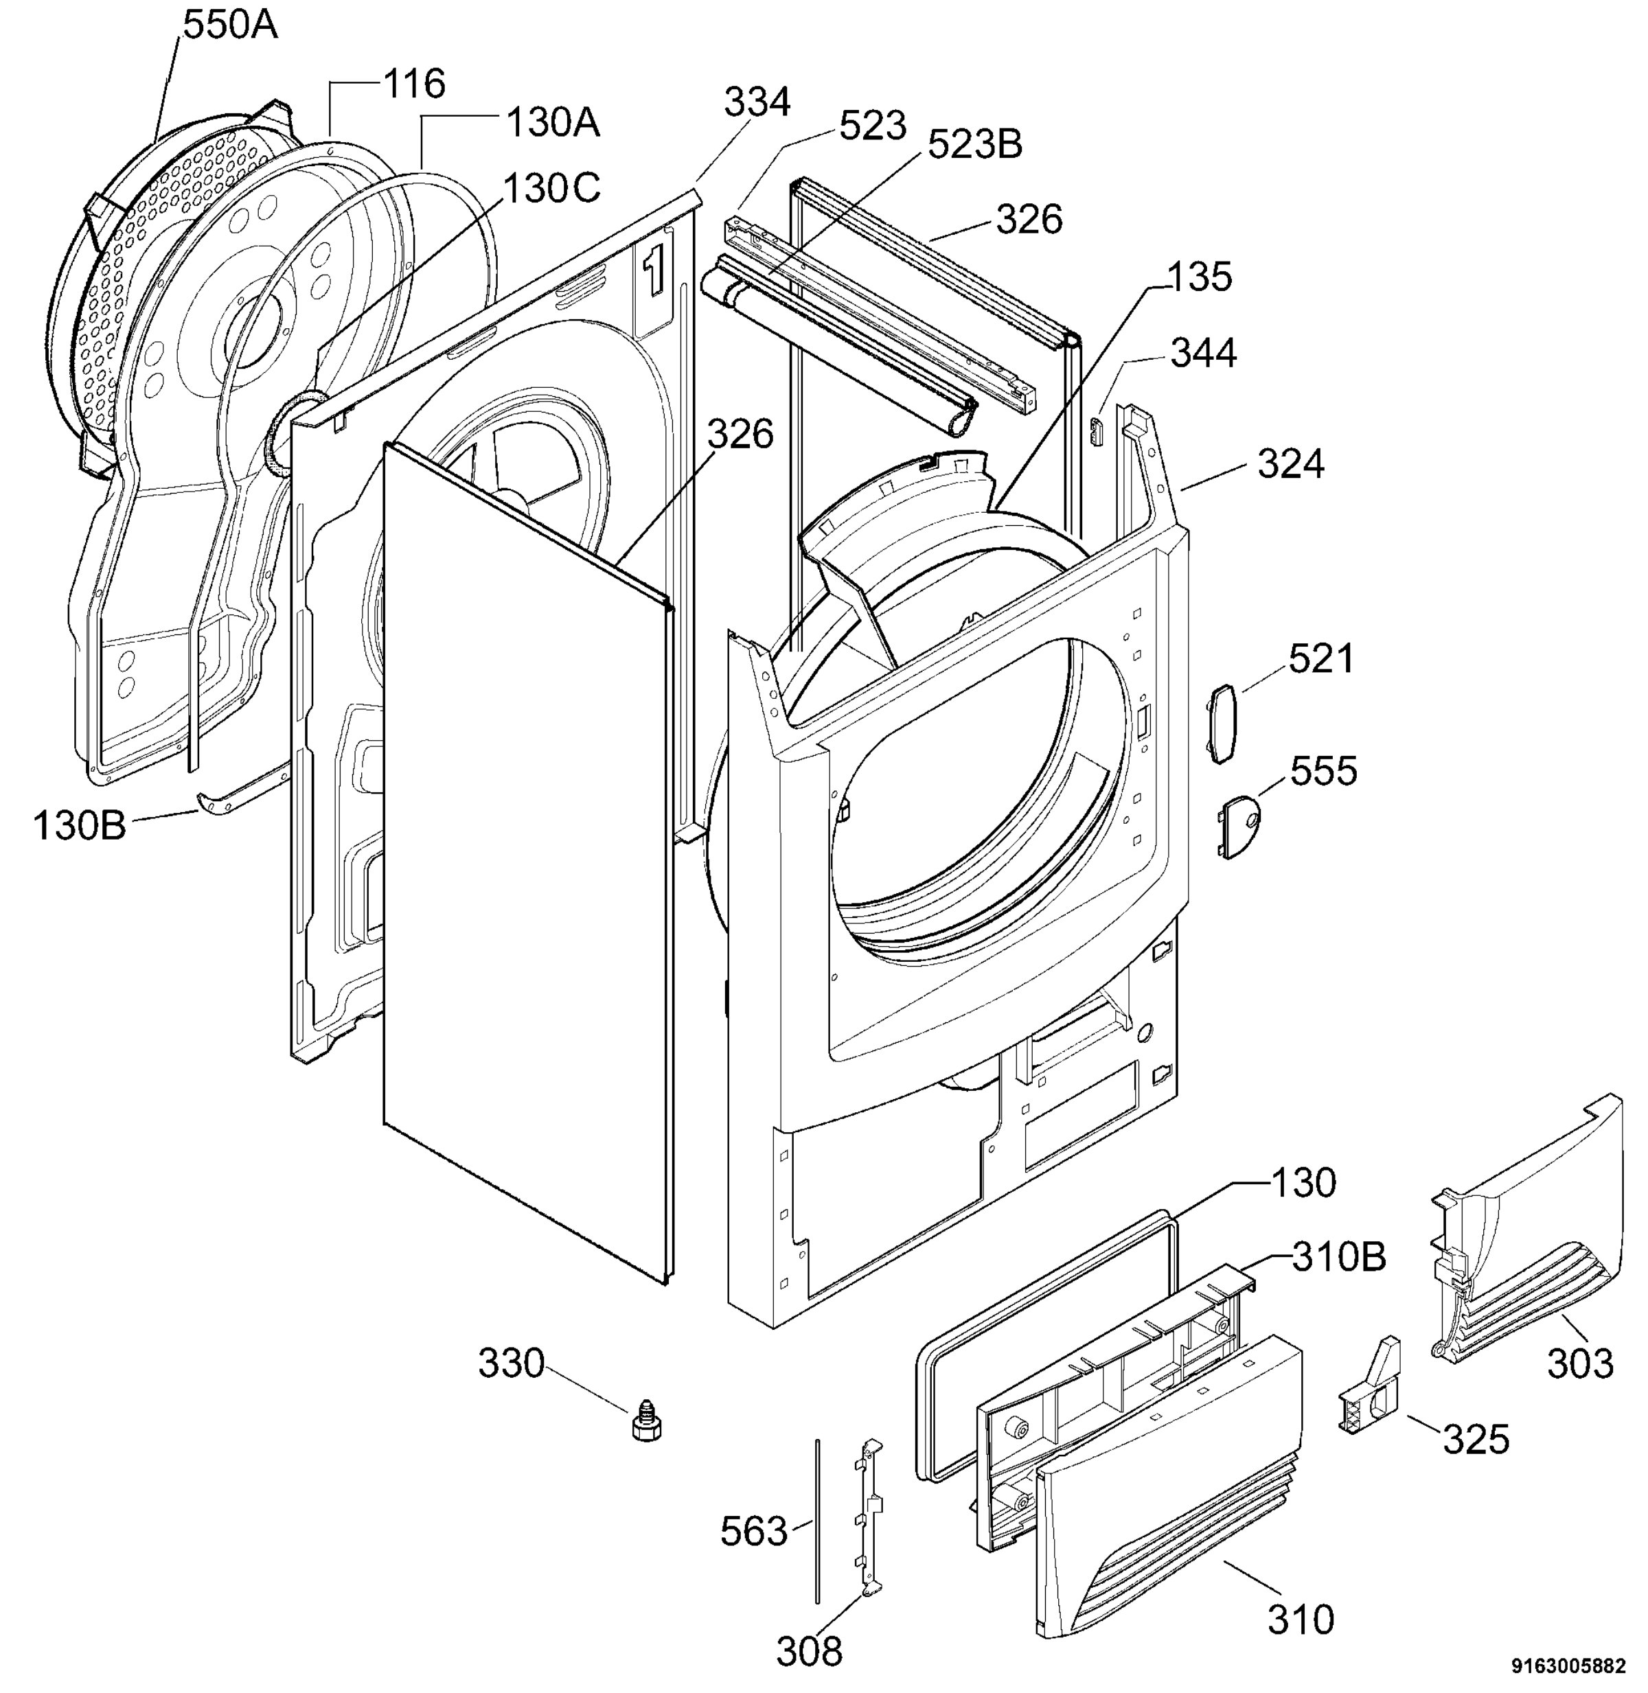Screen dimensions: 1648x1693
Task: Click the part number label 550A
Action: (230, 25)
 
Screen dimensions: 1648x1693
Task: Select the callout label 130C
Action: (551, 188)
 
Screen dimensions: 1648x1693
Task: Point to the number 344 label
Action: (1204, 353)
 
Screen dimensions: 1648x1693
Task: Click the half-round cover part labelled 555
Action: (1239, 827)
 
